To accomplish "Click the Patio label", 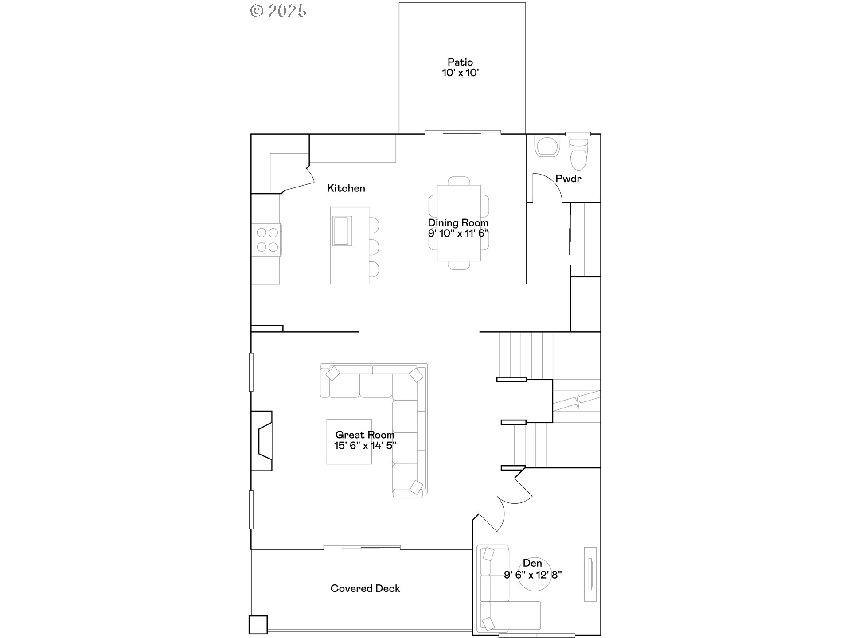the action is click(x=460, y=62).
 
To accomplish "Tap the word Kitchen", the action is click(x=346, y=188).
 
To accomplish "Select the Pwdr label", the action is click(x=568, y=179).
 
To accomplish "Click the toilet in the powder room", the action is click(x=578, y=154).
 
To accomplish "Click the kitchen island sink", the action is click(x=342, y=231).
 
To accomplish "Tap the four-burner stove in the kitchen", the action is click(x=267, y=240).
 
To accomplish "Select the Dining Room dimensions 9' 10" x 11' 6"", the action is click(x=458, y=233).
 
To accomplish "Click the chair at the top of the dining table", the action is click(x=459, y=181).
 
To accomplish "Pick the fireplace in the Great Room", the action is click(x=262, y=441).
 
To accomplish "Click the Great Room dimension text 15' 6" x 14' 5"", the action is click(x=365, y=446).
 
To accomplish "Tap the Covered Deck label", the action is click(x=365, y=588).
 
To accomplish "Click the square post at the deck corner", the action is click(x=258, y=625).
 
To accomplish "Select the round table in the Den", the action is click(x=535, y=575).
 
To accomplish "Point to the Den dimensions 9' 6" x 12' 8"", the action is click(x=533, y=575).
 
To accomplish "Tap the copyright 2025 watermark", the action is click(x=278, y=11).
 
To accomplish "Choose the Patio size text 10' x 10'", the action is click(x=461, y=73).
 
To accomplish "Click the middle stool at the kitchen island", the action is click(x=374, y=247).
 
